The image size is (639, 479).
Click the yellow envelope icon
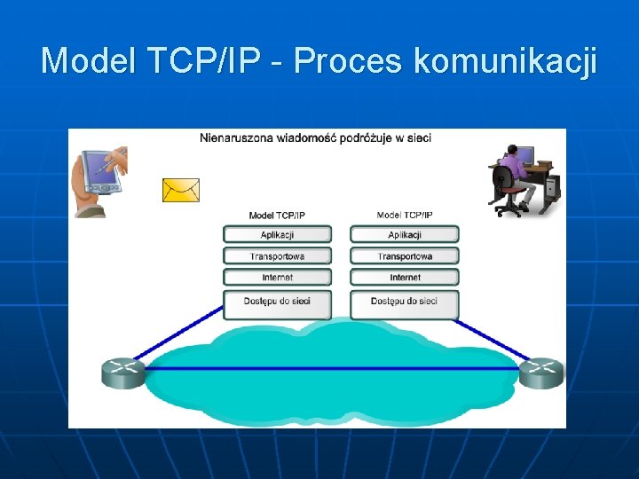pyautogui.click(x=181, y=190)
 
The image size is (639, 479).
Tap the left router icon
pyautogui.click(x=122, y=372)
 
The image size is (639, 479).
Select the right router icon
pyautogui.click(x=540, y=372)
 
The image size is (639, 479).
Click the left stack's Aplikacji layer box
pyautogui.click(x=277, y=235)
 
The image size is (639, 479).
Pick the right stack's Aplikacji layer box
pyautogui.click(x=405, y=235)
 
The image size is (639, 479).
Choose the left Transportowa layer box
pyautogui.click(x=277, y=256)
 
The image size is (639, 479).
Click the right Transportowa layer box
pyautogui.click(x=405, y=256)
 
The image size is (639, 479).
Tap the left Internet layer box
pyautogui.click(x=277, y=278)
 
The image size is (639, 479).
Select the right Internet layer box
pyautogui.click(x=405, y=278)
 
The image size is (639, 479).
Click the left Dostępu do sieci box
pyautogui.click(x=277, y=302)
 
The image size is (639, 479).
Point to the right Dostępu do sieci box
pyautogui.click(x=405, y=302)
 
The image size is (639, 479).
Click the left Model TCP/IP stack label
pyautogui.click(x=277, y=216)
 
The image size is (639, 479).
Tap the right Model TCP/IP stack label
pyautogui.click(x=405, y=215)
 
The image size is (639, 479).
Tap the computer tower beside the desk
pyautogui.click(x=552, y=185)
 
